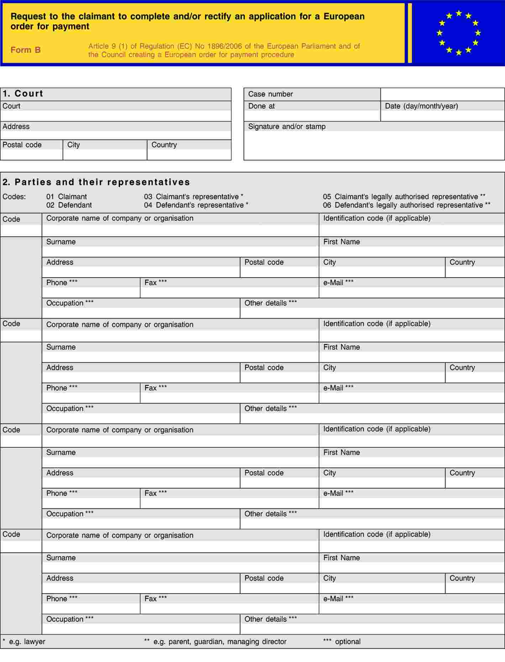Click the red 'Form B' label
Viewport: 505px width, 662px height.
[x=26, y=50]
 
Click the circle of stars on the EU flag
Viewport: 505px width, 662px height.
[x=458, y=33]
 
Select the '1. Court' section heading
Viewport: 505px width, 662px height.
[x=23, y=94]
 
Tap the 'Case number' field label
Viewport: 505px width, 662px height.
[x=270, y=94]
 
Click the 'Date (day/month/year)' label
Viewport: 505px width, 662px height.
[x=421, y=106]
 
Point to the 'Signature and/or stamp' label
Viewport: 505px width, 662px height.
[x=287, y=126]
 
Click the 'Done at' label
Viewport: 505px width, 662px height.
[x=262, y=106]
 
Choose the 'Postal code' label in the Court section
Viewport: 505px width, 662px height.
[x=22, y=145]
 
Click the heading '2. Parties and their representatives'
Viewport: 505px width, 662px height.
[x=96, y=182]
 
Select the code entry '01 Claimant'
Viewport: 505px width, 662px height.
[x=67, y=197]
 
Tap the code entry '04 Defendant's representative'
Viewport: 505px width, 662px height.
[x=196, y=205]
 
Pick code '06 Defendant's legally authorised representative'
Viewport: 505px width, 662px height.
[x=406, y=205]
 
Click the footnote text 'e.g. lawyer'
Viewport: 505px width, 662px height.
[x=27, y=642]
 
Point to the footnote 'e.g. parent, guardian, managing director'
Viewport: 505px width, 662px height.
[x=220, y=642]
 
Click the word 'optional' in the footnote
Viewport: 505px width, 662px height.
[x=348, y=642]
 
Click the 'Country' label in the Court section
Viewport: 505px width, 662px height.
[x=164, y=145]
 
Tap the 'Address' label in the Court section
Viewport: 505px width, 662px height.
[x=16, y=126]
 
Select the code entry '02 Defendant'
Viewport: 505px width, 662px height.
[x=69, y=205]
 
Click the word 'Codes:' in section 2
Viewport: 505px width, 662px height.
[x=14, y=197]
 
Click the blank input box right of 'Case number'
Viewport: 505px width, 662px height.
[x=442, y=94]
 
